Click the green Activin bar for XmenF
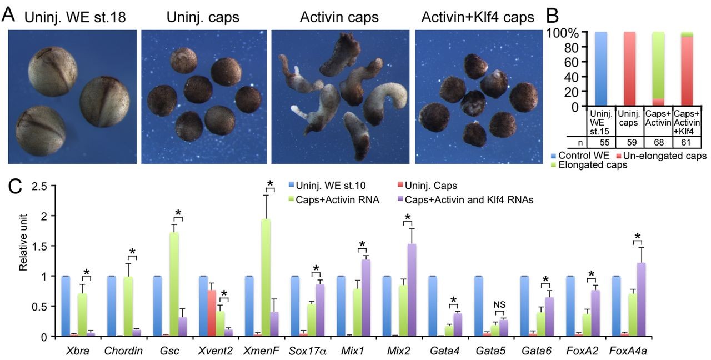266,278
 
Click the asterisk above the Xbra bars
86,272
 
